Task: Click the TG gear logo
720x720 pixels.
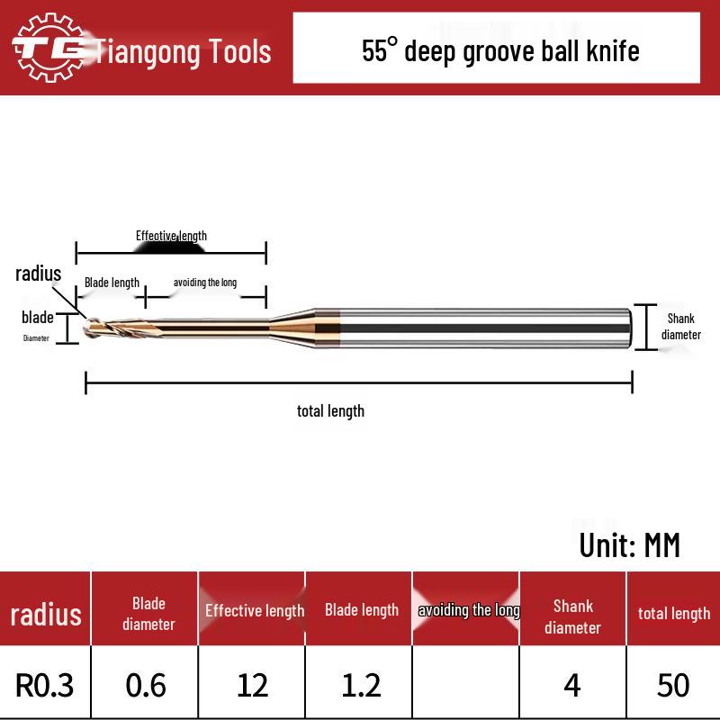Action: (x=49, y=48)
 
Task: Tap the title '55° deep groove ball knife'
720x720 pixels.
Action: (x=500, y=50)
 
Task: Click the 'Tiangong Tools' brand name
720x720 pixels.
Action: (x=183, y=51)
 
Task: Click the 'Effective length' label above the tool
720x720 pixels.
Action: (x=171, y=236)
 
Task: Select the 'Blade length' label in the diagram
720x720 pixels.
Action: (x=112, y=283)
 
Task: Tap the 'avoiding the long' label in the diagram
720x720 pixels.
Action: (x=205, y=283)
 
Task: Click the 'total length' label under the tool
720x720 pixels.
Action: (x=330, y=411)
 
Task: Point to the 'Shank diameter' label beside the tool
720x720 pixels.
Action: (x=681, y=327)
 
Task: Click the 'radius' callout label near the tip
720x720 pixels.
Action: (x=38, y=274)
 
